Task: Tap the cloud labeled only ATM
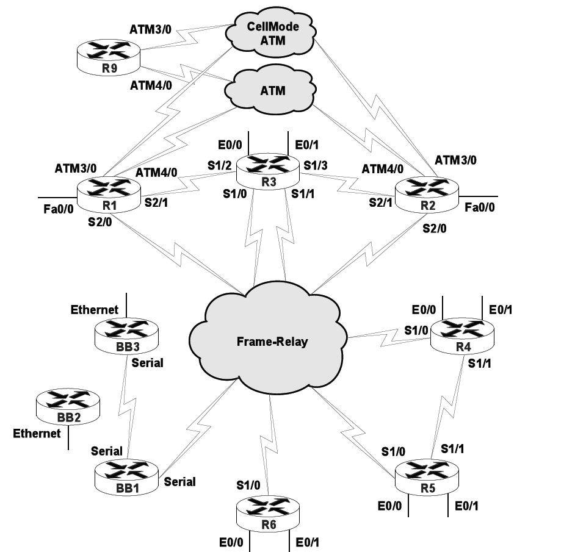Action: click(272, 91)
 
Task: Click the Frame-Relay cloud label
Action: click(272, 342)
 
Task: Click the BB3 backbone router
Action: click(126, 334)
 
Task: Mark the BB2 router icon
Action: click(67, 405)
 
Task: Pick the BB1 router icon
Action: click(126, 476)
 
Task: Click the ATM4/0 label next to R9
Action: click(151, 85)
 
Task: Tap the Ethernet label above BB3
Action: click(95, 310)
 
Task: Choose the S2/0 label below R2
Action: click(435, 229)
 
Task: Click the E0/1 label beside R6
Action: click(308, 542)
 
